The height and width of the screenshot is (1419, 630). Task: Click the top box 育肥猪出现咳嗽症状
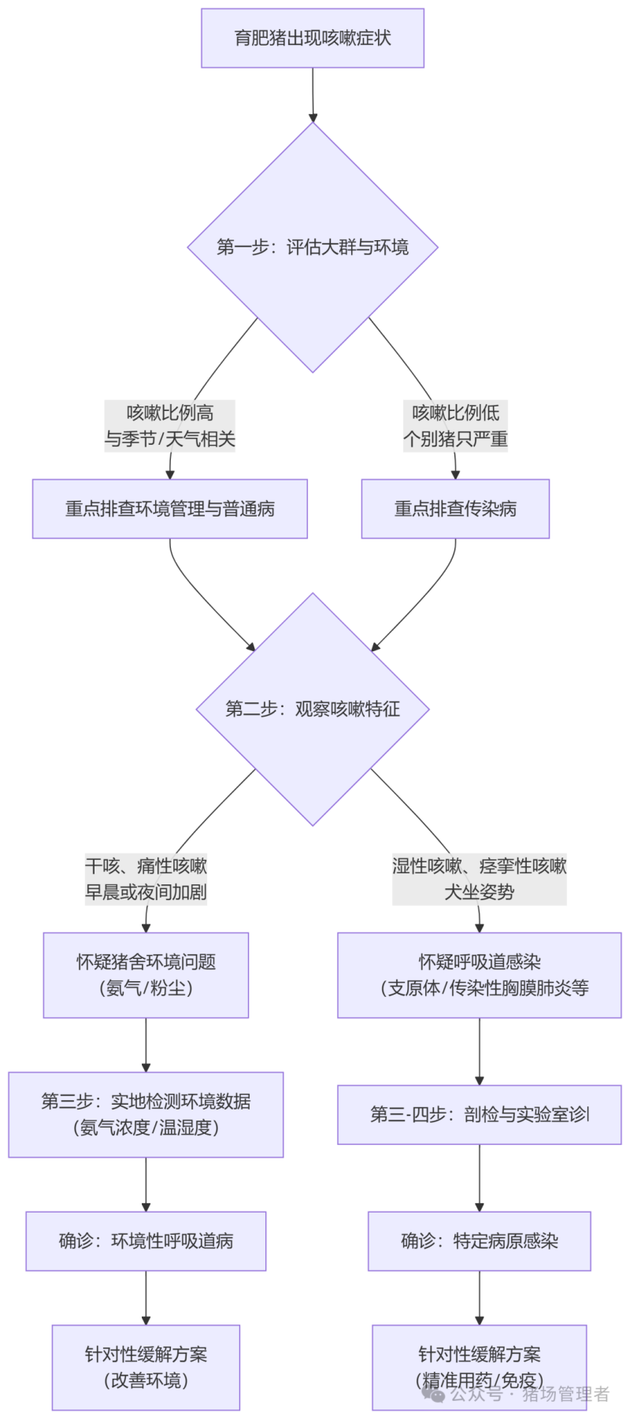pos(313,38)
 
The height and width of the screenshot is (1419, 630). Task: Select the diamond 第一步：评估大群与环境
pos(313,247)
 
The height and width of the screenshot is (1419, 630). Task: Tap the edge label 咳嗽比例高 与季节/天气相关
pos(170,426)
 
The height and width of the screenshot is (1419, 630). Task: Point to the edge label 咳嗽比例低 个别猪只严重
pos(455,426)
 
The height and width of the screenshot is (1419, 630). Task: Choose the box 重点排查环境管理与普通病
pos(170,509)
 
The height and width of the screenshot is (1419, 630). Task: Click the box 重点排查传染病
pos(455,509)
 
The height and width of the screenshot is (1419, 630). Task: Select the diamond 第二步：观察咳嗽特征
pos(313,709)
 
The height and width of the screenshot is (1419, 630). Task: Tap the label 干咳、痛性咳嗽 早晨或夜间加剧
pos(146,879)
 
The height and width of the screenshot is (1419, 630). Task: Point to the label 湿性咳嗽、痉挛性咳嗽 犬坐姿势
pos(480,879)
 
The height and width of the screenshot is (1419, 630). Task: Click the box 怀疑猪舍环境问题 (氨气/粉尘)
pos(146,975)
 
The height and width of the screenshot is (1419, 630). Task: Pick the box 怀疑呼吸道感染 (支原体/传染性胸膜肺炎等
pos(480,975)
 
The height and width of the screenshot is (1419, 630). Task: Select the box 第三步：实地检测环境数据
pos(146,1114)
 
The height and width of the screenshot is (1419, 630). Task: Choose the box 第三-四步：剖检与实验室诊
pos(480,1114)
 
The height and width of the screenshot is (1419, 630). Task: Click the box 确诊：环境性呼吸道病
pos(146,1241)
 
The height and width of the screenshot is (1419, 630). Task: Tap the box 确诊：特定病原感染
pos(480,1241)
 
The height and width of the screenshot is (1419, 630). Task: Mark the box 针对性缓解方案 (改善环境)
pos(146,1367)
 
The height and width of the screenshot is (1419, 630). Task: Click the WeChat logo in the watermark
pos(433,1394)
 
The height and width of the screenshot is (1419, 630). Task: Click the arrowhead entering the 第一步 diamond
pos(313,118)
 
